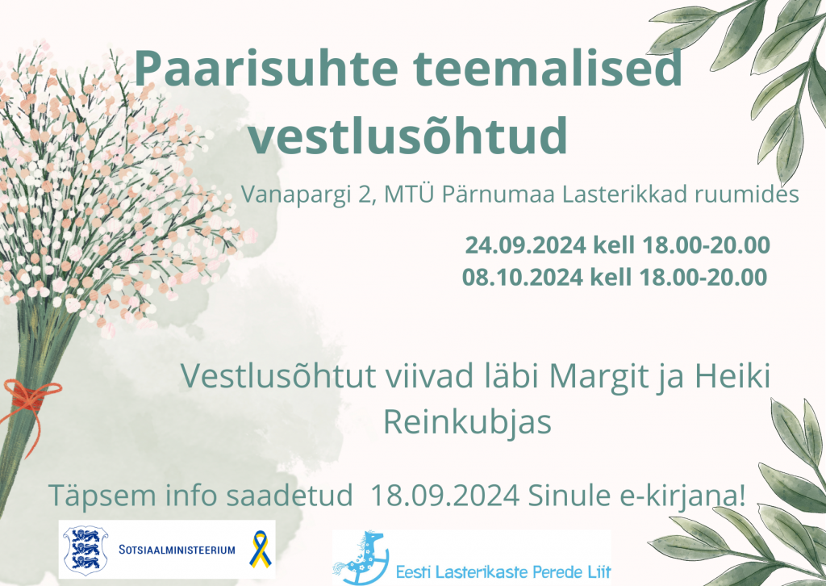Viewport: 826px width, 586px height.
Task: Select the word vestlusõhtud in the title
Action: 407,136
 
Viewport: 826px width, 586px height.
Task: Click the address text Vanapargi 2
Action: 309,195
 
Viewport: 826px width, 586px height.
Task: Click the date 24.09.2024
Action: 525,245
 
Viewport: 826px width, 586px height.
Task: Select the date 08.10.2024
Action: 523,277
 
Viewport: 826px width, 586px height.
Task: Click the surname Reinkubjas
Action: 467,422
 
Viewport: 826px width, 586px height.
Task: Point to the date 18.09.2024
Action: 445,496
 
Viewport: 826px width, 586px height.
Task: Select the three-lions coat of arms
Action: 86,550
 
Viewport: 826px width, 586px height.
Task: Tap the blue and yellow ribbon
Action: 261,549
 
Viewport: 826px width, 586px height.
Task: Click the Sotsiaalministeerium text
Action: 177,550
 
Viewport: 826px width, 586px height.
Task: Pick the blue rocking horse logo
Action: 361,559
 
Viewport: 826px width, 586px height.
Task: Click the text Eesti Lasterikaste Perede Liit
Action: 503,571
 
